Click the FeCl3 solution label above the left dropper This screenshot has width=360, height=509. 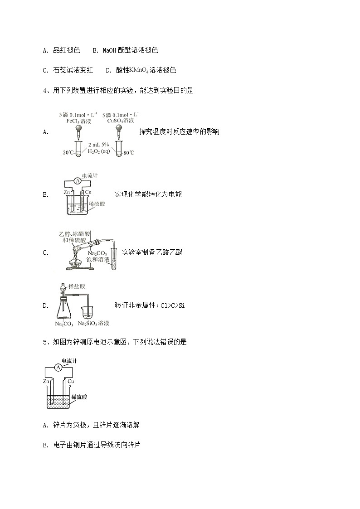click(79, 121)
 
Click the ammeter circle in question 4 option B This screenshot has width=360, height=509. click(78, 181)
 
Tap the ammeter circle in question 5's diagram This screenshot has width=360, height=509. click(58, 368)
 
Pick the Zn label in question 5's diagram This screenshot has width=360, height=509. click(46, 382)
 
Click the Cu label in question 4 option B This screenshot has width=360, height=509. click(88, 193)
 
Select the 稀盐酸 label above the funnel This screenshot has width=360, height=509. click(77, 286)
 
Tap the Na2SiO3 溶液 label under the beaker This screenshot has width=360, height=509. click(93, 324)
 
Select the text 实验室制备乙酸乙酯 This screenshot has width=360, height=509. click(152, 252)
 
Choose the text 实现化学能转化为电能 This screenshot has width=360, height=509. click(148, 194)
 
